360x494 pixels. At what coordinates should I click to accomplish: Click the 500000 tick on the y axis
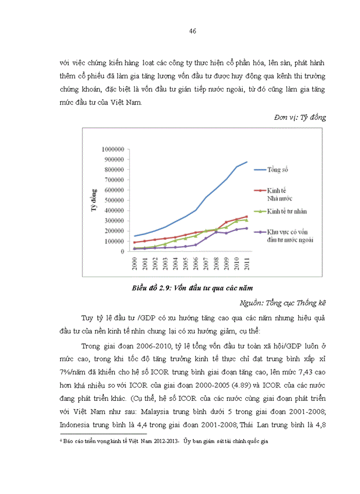tap(115, 200)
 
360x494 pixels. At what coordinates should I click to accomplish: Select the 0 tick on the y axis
tap(124, 252)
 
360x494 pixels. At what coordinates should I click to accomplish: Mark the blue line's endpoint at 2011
tap(247, 162)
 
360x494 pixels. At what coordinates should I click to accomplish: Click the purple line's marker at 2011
tap(246, 228)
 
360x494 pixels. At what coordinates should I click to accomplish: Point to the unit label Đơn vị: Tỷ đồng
tap(300, 117)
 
